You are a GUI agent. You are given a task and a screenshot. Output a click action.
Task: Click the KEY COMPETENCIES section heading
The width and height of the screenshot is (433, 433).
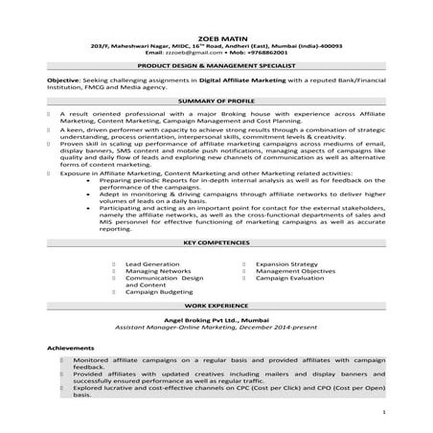[x=216, y=244]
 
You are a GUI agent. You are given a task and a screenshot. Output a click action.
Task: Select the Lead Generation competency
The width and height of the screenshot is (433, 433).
[x=152, y=262]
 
